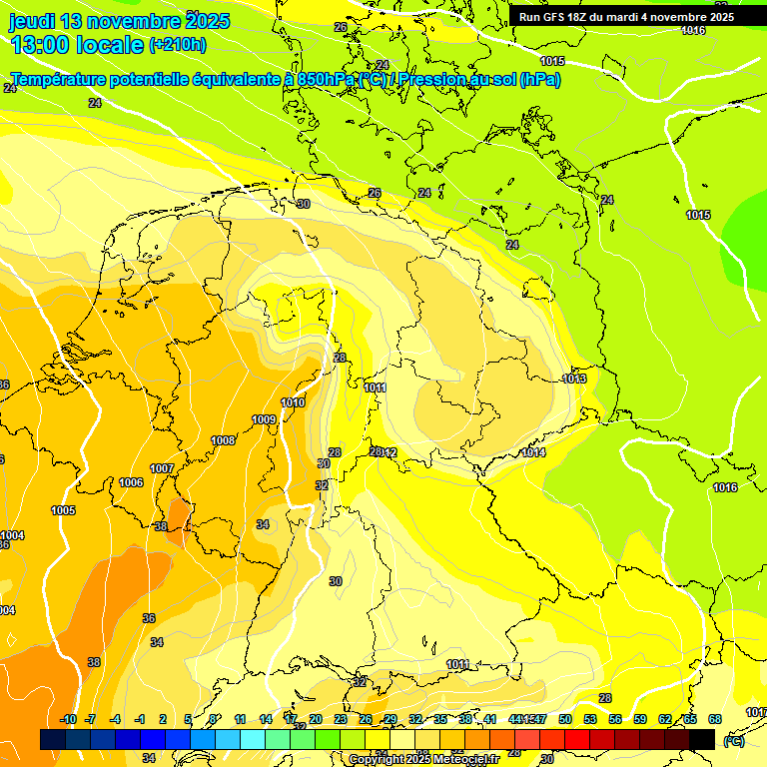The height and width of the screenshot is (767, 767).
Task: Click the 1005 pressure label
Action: tap(63, 510)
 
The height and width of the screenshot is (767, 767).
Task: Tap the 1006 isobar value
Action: tap(131, 482)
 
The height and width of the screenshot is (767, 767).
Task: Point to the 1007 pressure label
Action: tap(162, 468)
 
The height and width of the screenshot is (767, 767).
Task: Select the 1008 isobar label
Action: tap(223, 440)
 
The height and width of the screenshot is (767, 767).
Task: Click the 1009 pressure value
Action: tap(264, 419)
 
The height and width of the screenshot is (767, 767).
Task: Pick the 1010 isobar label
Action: tap(293, 402)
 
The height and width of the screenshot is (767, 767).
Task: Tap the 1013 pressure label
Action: tap(574, 379)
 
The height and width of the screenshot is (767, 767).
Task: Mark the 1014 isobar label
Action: tap(533, 452)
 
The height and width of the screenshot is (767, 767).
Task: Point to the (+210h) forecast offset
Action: tap(178, 45)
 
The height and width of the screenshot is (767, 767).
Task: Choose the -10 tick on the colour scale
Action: tap(68, 719)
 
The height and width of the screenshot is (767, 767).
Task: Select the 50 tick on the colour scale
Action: tap(565, 719)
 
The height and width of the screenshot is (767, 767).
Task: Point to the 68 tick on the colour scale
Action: tap(715, 719)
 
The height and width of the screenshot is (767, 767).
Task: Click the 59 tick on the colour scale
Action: tap(640, 719)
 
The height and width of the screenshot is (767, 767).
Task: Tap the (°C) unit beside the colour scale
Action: tap(734, 740)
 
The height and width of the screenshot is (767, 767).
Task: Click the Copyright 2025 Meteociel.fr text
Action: tap(423, 759)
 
